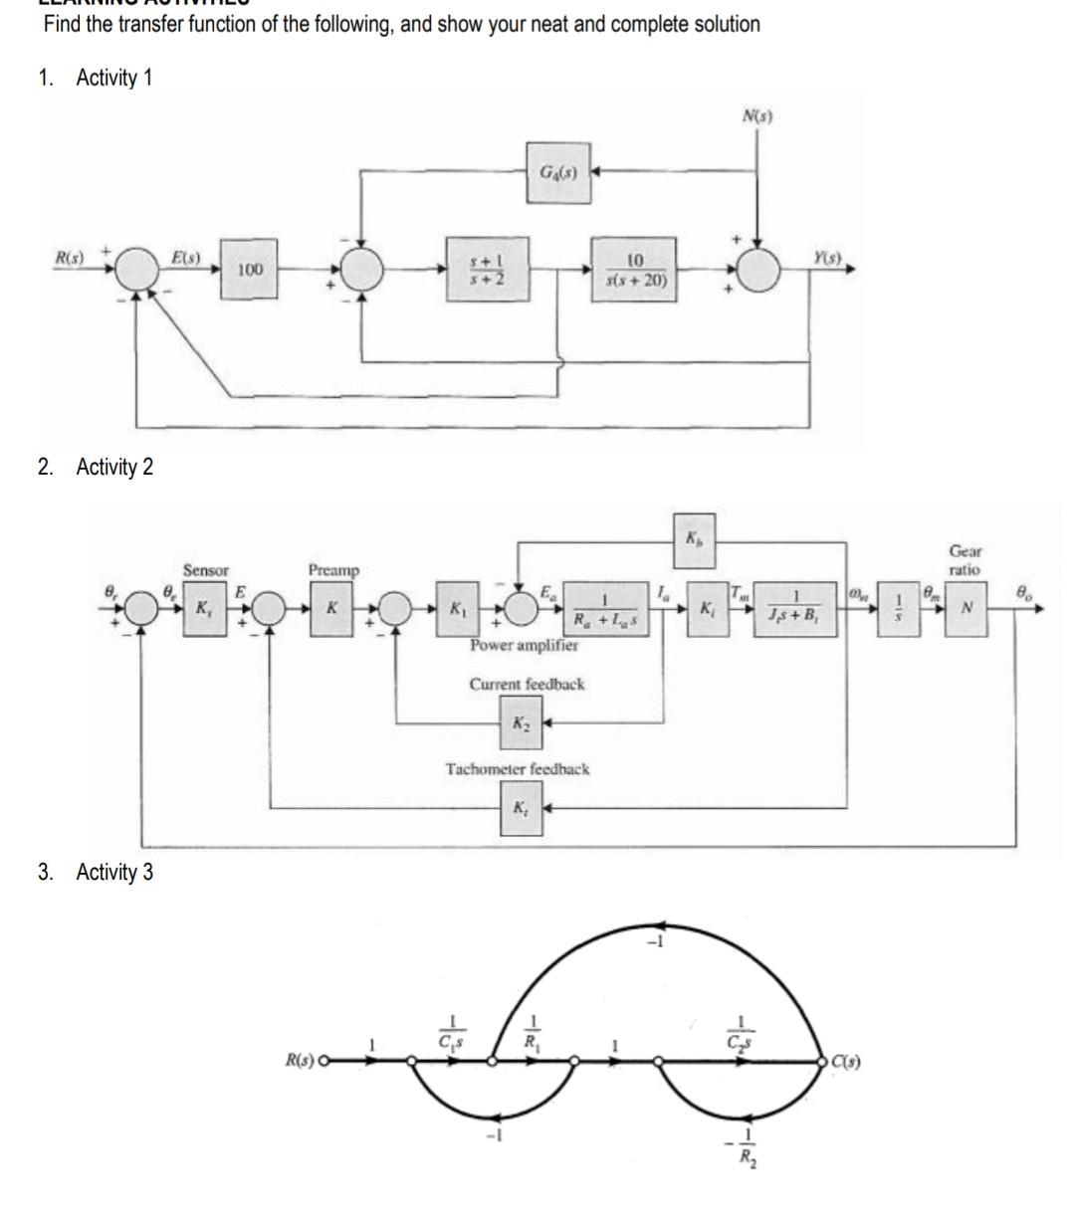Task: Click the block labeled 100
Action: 250,269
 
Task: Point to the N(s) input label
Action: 757,116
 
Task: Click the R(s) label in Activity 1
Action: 68,258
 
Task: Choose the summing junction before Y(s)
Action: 759,269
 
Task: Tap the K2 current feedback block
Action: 521,722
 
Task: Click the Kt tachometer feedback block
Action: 521,808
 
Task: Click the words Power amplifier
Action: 524,645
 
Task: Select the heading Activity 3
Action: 114,873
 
